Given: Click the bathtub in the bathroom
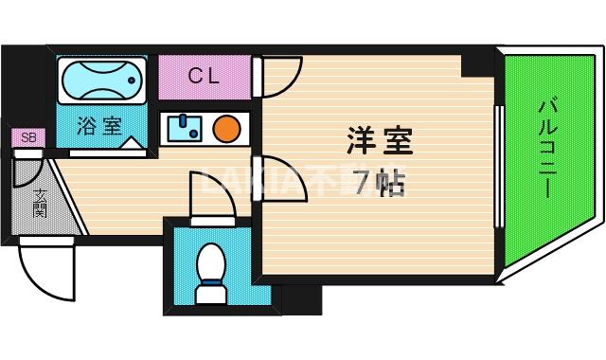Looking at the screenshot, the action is coord(102,81).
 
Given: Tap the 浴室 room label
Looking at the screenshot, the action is coord(98,126).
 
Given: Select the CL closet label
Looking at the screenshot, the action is coord(204,77).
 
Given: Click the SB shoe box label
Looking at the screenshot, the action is coord(28,138).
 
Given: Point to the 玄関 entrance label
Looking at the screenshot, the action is coord(41,203).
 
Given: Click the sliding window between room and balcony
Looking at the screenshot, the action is coord(498,166).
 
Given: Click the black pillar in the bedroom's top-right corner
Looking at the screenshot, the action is coord(478,63).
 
